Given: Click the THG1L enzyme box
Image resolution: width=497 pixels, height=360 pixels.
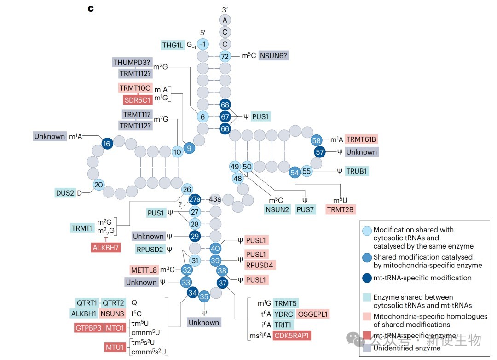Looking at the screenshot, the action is point(173,45).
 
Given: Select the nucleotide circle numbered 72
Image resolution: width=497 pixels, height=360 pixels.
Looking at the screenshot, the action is point(225,56).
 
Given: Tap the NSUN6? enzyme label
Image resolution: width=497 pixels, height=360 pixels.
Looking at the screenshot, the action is point(273,56).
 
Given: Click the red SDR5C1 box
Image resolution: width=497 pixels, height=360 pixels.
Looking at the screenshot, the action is point(138,100).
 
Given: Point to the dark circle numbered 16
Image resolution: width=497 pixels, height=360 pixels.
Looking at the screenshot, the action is point(107,144).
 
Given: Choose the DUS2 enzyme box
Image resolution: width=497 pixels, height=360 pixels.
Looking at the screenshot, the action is point(65,193).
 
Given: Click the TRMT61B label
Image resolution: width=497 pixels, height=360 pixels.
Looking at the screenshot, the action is point(361,139).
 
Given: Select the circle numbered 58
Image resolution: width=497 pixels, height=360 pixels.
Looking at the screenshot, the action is point(316,140).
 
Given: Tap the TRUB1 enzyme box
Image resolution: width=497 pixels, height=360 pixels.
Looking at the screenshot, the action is point(357,171).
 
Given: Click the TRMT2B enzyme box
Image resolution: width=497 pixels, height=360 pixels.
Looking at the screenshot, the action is point(340,209).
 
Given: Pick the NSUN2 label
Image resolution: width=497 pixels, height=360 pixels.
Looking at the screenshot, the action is point(277,209).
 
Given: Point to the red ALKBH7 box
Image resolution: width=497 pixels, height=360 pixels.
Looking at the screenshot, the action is point(106,247).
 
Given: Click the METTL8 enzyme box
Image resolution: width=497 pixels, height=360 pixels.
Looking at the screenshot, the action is point(144,270).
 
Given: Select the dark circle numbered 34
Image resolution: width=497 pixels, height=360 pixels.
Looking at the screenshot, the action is point(193,293).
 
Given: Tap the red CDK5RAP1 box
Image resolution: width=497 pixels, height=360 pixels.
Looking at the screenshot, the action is point(292,335).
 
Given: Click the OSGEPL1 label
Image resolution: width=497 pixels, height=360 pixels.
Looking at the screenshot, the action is point(313,314).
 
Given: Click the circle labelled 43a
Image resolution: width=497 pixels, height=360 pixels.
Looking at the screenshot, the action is point(215,199).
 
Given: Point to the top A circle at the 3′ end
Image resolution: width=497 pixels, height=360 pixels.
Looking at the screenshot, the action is point(225,20).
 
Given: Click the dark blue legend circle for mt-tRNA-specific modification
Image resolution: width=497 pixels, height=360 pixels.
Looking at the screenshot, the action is point(367,278).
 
